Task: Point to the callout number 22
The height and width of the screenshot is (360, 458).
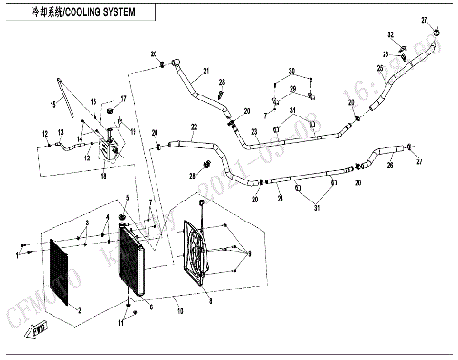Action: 193,127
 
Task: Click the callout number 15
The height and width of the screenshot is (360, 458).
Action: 94,101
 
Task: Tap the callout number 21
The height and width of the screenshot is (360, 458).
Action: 204,73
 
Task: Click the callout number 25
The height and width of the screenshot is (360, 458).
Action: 379,69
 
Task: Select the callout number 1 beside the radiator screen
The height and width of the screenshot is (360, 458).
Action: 17,255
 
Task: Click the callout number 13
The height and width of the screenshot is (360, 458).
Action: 60,131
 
